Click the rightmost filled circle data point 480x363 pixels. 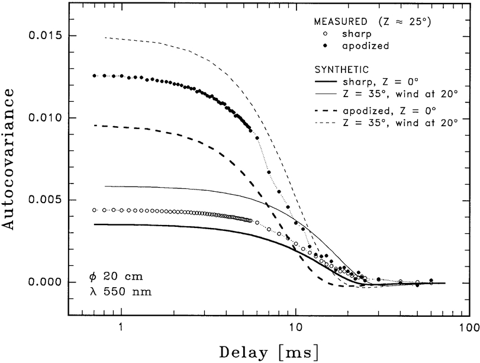click(431, 280)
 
